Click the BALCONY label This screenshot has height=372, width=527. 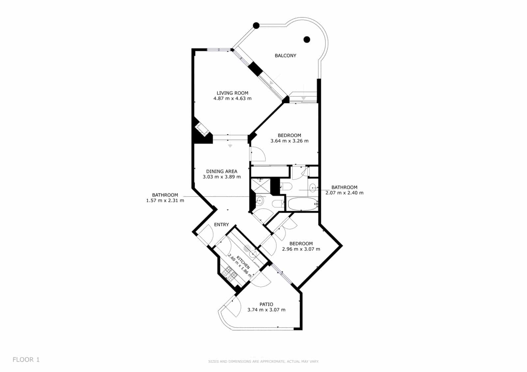click(285, 56)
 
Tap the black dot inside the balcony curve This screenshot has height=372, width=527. click(307, 40)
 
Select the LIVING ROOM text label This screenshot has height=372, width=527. click(232, 93)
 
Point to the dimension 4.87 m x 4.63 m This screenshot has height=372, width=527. click(232, 99)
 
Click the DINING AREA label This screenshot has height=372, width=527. click(222, 171)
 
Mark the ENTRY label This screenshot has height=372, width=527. click(221, 225)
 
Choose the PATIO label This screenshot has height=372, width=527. click(266, 304)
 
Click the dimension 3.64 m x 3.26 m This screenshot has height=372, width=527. click(289, 141)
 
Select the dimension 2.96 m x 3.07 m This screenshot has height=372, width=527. click(301, 249)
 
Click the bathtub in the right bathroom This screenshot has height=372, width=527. click(302, 204)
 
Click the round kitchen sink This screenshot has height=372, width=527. click(253, 254)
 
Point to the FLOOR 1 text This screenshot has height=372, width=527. click(26, 360)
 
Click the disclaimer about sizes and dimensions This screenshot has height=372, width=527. click(263, 361)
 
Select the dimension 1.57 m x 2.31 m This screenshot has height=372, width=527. click(165, 200)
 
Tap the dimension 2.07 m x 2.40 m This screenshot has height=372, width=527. click(344, 193)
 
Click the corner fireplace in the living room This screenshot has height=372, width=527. click(202, 129)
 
